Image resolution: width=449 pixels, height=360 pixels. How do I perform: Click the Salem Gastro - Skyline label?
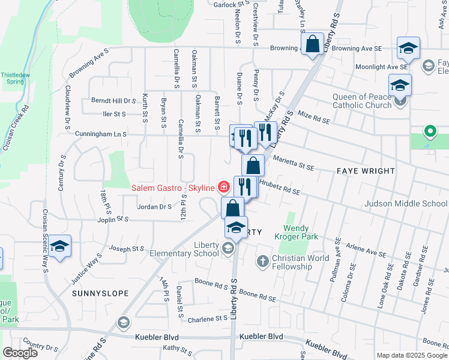pyautogui.click(x=173, y=188)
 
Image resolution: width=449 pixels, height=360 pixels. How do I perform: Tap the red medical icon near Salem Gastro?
pyautogui.click(x=223, y=187)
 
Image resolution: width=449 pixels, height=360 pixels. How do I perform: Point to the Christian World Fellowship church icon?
pyautogui.click(x=263, y=260)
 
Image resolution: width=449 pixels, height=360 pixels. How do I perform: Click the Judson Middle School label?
pyautogui.click(x=406, y=203)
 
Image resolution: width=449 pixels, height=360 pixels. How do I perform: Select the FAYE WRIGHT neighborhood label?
pyautogui.click(x=366, y=171)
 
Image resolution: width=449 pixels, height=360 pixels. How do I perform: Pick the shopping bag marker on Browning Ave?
pyautogui.click(x=312, y=44)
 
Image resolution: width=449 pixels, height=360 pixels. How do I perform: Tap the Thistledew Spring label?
pyautogui.click(x=15, y=80)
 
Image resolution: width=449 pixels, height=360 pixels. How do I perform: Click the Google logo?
pyautogui.click(x=20, y=353)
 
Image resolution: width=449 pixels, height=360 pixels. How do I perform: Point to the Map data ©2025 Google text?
pyautogui.click(x=412, y=355)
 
